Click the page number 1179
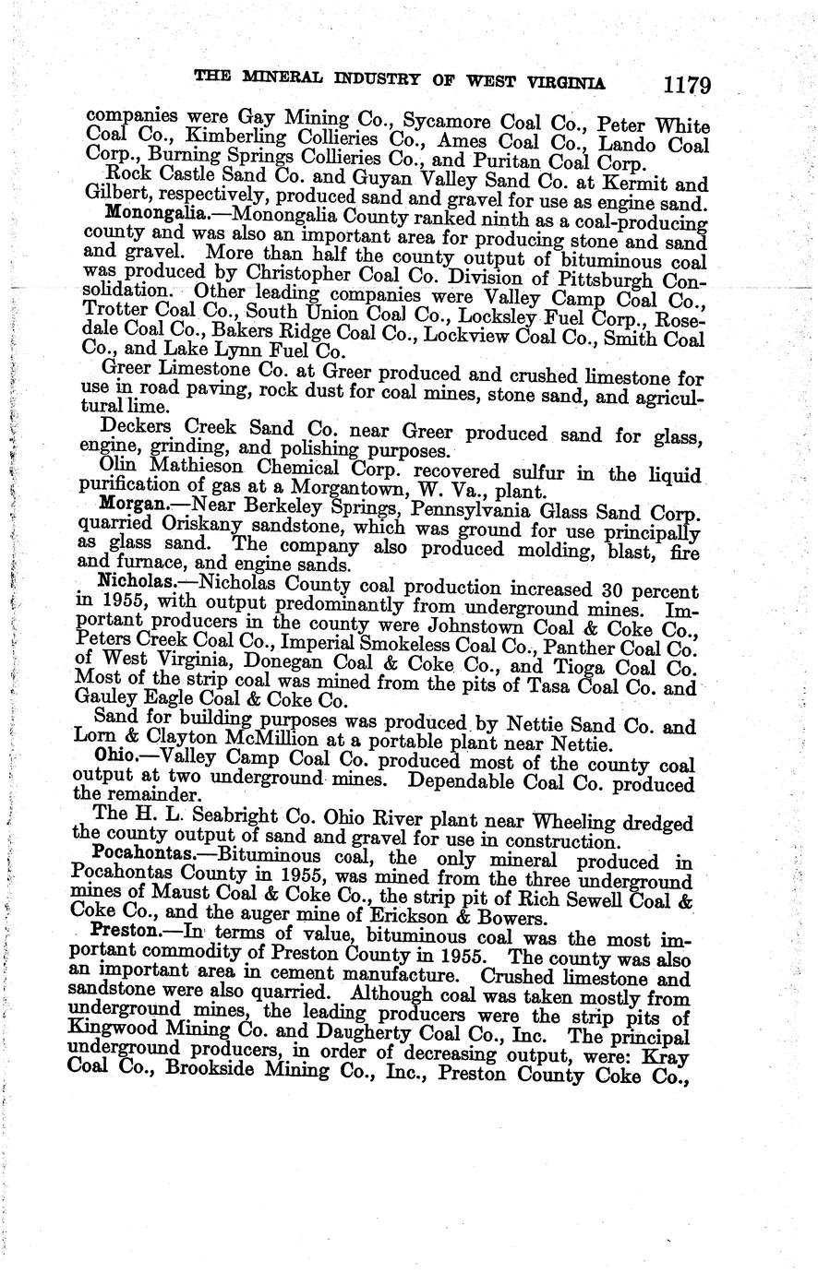click(x=685, y=86)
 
